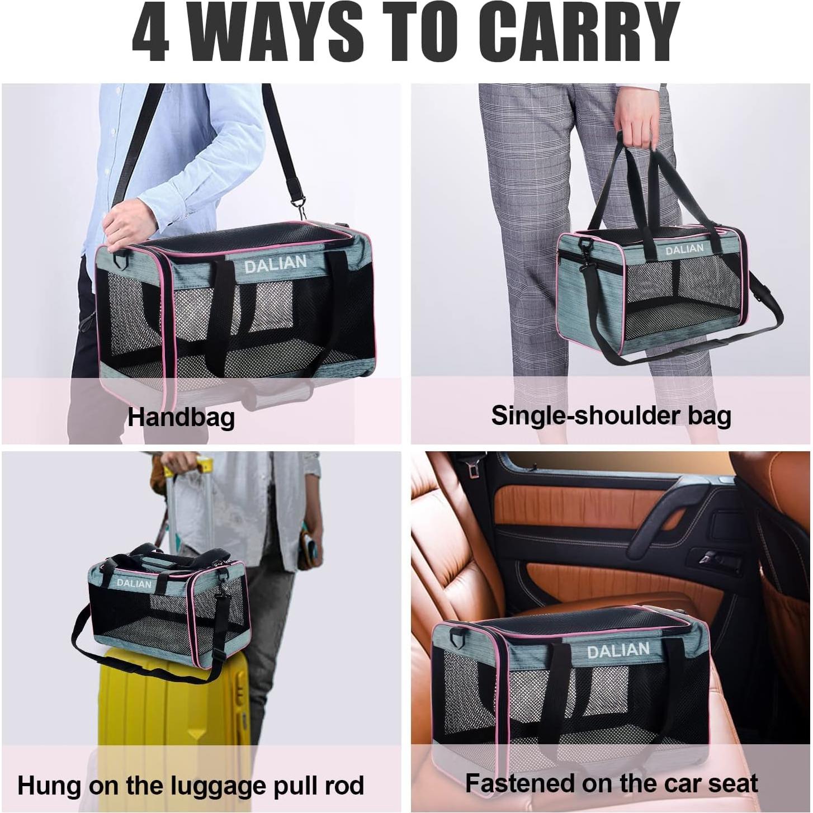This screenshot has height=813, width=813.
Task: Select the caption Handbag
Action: (181, 417)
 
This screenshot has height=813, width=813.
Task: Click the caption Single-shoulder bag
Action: (611, 416)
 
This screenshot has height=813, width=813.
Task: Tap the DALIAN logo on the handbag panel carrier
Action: (275, 264)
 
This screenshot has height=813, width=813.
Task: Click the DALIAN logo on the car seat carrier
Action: (618, 651)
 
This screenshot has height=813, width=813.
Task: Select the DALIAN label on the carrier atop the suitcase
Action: (134, 583)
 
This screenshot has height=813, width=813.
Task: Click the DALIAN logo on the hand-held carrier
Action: (684, 249)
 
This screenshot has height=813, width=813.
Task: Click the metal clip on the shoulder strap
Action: (300, 205)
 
